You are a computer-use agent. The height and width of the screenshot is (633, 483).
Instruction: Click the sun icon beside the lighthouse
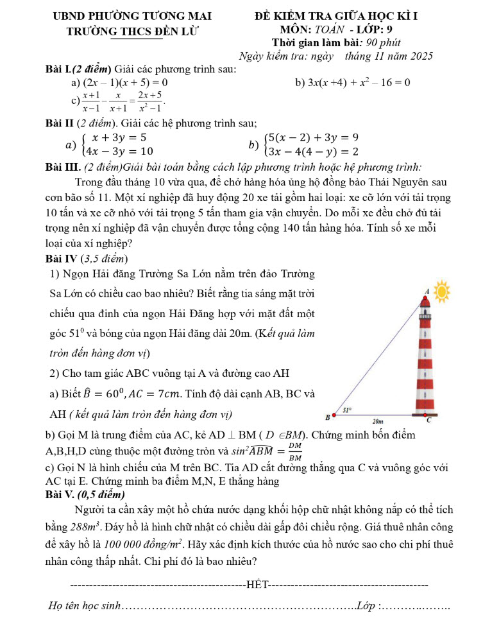(441, 292)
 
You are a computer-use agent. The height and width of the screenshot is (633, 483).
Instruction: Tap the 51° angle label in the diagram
(347, 409)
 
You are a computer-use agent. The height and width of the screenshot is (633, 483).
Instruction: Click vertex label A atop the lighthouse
(427, 291)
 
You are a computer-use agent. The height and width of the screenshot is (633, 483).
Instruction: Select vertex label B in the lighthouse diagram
(327, 418)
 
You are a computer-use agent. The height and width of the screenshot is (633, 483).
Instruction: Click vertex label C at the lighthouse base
(428, 421)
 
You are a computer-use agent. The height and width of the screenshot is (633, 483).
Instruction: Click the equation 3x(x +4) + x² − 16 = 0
(359, 82)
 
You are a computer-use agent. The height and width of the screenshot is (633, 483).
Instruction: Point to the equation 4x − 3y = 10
(122, 151)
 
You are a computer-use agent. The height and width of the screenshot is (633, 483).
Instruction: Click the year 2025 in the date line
(420, 56)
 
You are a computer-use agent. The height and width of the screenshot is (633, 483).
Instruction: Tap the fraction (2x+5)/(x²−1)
(152, 100)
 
